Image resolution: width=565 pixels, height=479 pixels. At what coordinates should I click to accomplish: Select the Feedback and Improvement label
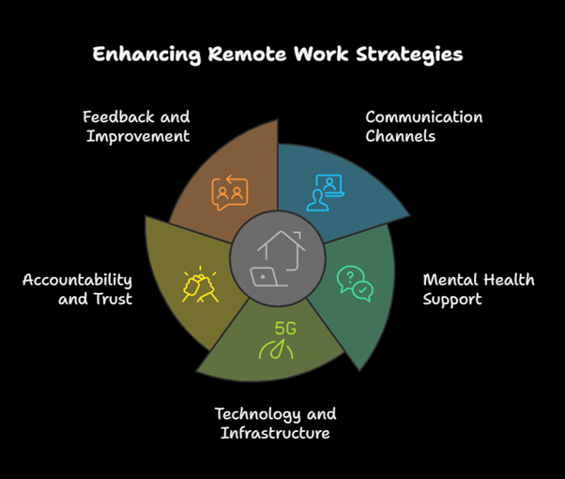[x=135, y=126]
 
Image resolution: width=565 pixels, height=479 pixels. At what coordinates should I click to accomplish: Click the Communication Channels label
[x=423, y=126]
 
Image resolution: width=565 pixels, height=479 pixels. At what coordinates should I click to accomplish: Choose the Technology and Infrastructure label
[x=275, y=424]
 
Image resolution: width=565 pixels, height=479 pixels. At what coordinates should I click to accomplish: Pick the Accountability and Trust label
[x=77, y=289]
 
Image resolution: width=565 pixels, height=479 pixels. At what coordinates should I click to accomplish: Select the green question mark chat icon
[x=355, y=282]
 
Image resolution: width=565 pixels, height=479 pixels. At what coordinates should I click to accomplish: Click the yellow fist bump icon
[x=200, y=284]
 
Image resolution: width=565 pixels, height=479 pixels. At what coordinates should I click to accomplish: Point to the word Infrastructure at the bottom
[x=275, y=433]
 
